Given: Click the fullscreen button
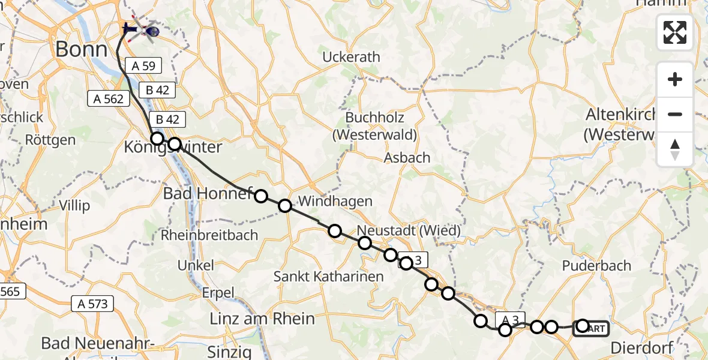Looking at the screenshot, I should [675, 32].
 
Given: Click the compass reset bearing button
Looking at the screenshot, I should [675, 149].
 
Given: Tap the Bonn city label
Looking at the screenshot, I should [81, 49].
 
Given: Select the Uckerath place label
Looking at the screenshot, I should [351, 58].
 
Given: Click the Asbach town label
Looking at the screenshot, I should [407, 158].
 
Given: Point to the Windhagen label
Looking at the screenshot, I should [335, 201].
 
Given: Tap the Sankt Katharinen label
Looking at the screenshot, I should [328, 277].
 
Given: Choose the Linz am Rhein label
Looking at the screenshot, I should [262, 319].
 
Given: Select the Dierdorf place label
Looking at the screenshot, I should [641, 348].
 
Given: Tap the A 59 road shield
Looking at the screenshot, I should [143, 67].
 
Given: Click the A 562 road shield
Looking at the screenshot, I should [109, 98].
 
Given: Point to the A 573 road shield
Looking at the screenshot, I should [92, 304].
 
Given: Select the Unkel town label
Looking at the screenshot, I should [196, 265].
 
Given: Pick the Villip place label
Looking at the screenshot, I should [74, 206].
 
